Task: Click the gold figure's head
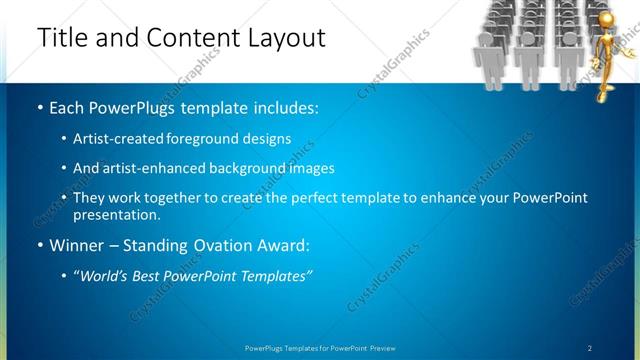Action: [606, 20]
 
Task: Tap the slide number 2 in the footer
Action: [589, 347]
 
